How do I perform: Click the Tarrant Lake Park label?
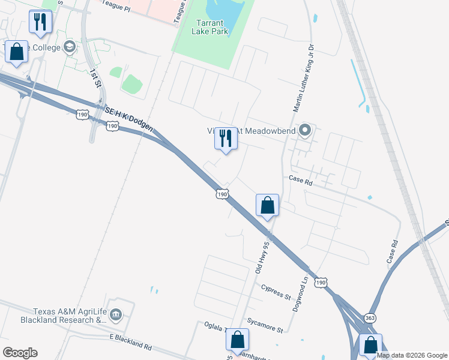(209, 27)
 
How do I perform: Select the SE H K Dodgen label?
(128, 119)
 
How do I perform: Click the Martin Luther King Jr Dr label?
(303, 79)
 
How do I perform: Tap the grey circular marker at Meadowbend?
(305, 130)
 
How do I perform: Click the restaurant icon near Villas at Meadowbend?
(226, 139)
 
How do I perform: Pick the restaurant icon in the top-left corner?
(40, 22)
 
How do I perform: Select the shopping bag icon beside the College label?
(16, 52)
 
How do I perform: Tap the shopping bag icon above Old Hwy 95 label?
(267, 205)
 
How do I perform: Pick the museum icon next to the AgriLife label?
(116, 313)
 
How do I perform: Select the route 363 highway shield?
(369, 317)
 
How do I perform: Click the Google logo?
(20, 353)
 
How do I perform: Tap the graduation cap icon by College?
(70, 47)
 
